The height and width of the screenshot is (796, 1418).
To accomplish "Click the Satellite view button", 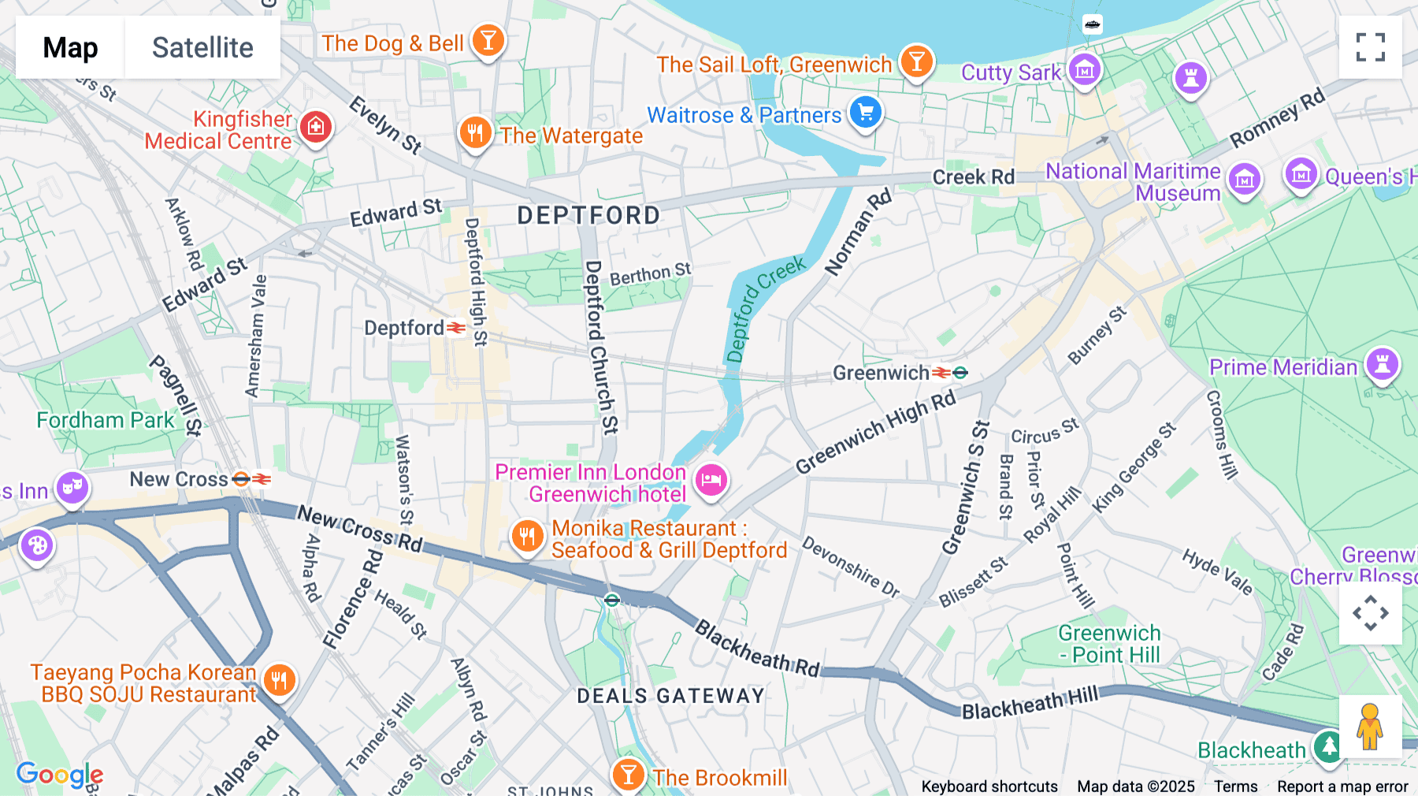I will point(202,47).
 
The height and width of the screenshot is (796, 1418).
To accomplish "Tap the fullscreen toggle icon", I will point(1370,47).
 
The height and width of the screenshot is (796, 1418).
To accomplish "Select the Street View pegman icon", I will point(1370,726).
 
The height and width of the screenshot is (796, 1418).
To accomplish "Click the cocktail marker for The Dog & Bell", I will point(488,40).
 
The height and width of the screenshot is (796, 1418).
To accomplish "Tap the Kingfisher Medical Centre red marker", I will point(316,127).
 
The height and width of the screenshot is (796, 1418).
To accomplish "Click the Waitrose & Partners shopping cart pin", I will point(865,113).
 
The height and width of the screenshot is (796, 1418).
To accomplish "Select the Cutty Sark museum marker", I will point(1085,71).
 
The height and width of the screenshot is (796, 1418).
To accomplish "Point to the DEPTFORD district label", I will point(588,215).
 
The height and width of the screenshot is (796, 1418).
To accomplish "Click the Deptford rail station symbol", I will point(456,327).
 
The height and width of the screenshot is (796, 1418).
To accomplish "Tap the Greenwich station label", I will point(881,373).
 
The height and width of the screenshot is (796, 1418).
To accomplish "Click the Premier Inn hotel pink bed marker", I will point(711,479).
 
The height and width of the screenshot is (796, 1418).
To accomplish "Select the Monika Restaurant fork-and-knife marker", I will point(527,537).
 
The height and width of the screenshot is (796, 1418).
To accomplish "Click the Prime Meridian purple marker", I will point(1382,364).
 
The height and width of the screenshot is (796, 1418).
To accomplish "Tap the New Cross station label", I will point(179,479).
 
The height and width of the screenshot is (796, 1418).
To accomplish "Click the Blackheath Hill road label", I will point(1029,703).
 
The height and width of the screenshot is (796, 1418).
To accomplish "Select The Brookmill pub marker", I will point(628,775).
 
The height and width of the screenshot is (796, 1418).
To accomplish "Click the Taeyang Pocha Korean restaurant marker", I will point(279,680).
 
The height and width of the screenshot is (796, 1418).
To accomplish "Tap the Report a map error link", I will point(1342,787).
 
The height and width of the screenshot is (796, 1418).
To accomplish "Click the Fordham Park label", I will point(106,420).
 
